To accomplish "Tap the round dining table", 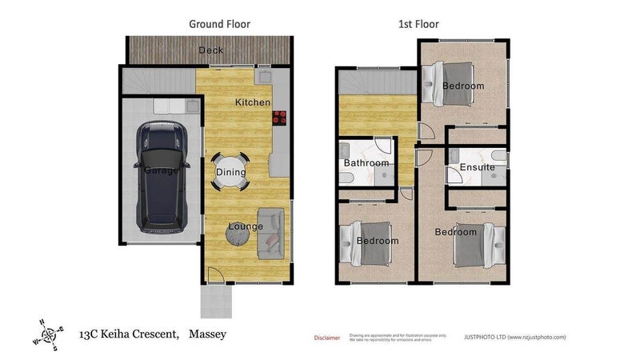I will (230, 170).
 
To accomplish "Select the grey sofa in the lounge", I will (271, 232).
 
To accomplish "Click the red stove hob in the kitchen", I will (280, 118).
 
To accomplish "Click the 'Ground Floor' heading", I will (219, 24).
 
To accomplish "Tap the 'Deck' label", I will (211, 51).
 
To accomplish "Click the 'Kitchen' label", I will (252, 102).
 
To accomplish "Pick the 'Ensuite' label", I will (477, 167).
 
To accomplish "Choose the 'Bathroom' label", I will (365, 163).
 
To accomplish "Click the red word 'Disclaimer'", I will (326, 338).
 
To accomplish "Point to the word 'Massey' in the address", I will (207, 334).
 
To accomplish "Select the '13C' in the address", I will (92, 334).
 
